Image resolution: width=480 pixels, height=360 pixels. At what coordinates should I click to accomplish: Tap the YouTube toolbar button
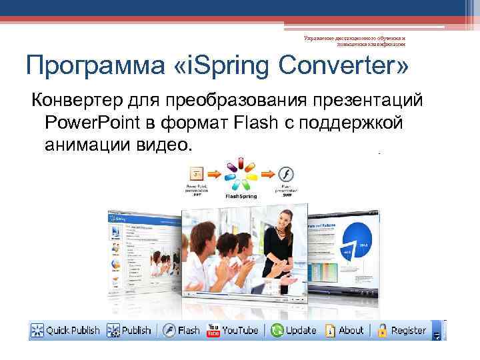point(233,330)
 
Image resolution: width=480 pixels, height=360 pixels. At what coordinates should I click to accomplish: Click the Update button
point(294,330)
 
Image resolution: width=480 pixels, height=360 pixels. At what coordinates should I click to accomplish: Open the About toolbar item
point(345,330)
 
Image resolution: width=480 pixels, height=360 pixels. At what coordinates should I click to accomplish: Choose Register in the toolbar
point(402,330)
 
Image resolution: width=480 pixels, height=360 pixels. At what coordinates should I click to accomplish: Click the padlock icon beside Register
point(383,330)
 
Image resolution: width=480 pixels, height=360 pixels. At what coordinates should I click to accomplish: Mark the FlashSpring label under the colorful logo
point(240,197)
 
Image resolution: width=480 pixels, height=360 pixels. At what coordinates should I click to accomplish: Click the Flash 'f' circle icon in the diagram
point(287,175)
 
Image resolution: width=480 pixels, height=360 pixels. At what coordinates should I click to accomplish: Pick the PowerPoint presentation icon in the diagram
point(197,174)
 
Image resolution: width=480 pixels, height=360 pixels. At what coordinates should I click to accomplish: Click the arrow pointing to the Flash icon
point(267,174)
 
